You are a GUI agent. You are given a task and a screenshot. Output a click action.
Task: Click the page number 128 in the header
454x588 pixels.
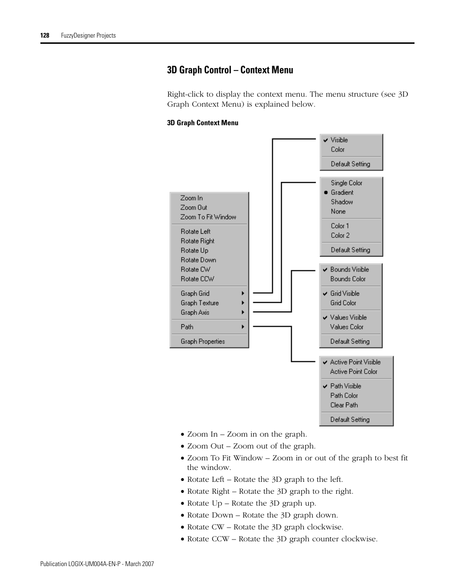(x=45, y=35)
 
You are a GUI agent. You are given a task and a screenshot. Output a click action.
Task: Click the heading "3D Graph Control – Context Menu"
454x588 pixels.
(x=230, y=70)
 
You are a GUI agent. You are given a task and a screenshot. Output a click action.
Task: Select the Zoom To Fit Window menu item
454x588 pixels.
(x=208, y=217)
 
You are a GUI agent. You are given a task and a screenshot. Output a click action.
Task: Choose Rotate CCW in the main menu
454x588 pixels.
(x=197, y=279)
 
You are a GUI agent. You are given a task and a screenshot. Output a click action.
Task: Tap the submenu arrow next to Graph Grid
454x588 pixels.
(x=243, y=293)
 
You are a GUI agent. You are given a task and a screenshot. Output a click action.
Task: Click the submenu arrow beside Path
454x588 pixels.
(x=243, y=327)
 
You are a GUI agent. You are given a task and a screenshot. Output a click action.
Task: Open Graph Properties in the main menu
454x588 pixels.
(x=203, y=341)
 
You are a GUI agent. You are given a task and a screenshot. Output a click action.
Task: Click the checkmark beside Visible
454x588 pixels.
(x=326, y=140)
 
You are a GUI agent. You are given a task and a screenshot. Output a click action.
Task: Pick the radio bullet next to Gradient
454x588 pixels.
(x=326, y=192)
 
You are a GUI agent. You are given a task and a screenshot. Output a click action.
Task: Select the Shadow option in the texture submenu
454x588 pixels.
(x=342, y=202)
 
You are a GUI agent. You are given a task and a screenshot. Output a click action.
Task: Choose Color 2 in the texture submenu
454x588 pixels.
(x=340, y=235)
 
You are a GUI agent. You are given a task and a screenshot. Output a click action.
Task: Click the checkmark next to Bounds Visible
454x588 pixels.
(x=326, y=269)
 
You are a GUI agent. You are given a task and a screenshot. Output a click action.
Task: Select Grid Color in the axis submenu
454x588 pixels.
(x=343, y=303)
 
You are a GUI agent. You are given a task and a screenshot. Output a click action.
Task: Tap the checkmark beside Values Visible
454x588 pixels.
(x=326, y=318)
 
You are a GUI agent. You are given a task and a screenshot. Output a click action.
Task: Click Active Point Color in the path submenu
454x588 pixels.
(x=354, y=371)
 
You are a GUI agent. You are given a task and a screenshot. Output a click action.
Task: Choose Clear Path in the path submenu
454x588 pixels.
(x=344, y=405)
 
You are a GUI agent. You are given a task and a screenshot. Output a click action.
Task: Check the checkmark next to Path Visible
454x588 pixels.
(x=326, y=386)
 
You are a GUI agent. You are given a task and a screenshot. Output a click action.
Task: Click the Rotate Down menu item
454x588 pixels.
(x=198, y=260)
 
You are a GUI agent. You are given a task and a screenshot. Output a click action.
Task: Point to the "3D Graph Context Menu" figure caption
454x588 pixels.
(x=203, y=123)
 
